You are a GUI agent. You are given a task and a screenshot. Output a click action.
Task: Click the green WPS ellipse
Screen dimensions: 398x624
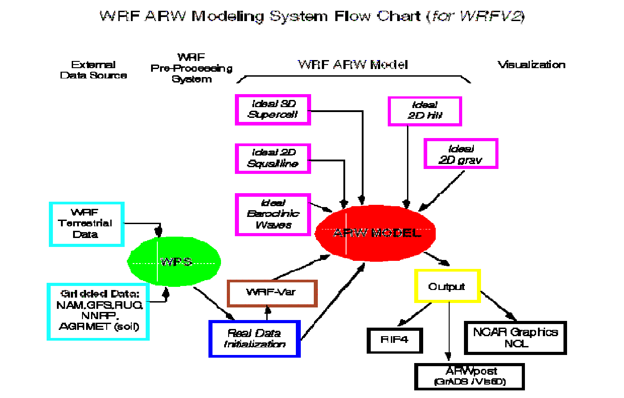[x=174, y=262]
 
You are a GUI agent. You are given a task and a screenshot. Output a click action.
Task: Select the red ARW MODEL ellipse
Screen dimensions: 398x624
[x=376, y=233]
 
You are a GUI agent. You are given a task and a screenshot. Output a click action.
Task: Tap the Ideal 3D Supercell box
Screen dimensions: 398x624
[x=273, y=109]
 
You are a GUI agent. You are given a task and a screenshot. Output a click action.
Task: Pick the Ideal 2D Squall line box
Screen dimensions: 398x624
[x=273, y=158]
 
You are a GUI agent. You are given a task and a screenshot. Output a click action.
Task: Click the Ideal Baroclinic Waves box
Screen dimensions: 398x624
[x=273, y=214]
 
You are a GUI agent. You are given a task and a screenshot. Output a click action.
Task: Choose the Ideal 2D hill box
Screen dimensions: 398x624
[x=425, y=111]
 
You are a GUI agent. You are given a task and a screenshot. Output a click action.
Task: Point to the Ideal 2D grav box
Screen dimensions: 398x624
[x=461, y=154]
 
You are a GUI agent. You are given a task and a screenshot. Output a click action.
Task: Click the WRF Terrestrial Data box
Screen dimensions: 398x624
[x=86, y=224]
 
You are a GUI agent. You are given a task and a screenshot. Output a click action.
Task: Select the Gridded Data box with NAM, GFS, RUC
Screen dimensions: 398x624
[x=98, y=311]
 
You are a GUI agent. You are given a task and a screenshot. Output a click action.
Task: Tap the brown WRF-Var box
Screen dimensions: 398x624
[x=272, y=293]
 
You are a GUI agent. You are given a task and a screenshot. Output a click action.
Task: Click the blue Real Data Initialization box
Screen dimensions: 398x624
[x=254, y=339]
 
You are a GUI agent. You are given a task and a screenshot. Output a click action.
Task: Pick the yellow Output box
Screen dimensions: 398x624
[x=447, y=286]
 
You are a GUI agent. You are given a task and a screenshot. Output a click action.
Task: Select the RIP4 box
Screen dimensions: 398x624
[x=394, y=340]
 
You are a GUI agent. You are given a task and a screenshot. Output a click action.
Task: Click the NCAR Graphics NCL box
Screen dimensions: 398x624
[x=516, y=337]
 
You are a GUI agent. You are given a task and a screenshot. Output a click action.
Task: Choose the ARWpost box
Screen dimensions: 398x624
[x=469, y=376]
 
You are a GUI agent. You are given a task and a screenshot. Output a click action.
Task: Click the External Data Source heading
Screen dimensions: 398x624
[x=93, y=70]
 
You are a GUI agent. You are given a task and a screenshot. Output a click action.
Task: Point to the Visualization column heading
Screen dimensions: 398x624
[x=531, y=65]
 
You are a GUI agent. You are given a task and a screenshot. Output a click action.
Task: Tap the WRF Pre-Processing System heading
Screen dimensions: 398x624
[x=191, y=68]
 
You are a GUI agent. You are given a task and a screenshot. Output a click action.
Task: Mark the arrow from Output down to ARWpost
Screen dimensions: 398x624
[x=449, y=332]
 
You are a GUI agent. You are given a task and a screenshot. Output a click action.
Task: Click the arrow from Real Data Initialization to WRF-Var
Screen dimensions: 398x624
[x=268, y=313]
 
